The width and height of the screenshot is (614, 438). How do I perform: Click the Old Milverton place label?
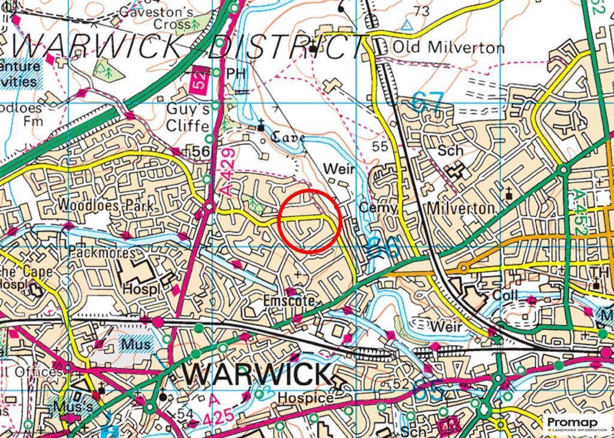pos(447,47)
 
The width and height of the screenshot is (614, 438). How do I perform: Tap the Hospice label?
pos(309,398)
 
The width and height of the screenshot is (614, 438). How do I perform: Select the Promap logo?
pos(577,424)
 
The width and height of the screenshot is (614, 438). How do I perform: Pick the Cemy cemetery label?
pos(379,207)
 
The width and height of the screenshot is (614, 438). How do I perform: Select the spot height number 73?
pos(422,11)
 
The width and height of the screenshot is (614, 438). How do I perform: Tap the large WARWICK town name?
pos(257,374)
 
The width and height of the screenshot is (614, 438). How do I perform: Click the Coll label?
pos(504,296)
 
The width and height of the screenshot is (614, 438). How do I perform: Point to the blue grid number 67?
pos(429,101)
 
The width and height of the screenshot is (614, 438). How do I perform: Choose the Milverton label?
pos(460,208)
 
